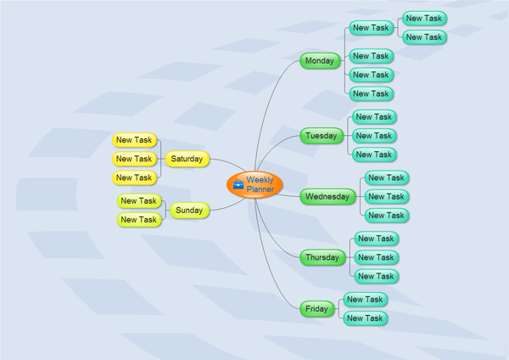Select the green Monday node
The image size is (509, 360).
coord(320,61)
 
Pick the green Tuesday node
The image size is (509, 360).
coord(320,136)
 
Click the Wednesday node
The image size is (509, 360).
coord(327,197)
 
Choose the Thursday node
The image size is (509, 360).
coord(322,257)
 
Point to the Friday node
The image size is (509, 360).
coord(317,309)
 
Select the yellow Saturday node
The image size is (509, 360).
coord(187,159)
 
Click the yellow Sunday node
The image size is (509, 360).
coord(189,211)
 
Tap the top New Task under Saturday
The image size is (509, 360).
coord(134,140)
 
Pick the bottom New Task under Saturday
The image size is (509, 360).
coord(134,177)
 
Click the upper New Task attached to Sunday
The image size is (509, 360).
coord(138,201)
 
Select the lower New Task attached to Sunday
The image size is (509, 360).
coord(138,220)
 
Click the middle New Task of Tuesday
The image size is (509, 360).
coord(373,136)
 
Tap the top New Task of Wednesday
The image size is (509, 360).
coord(386,178)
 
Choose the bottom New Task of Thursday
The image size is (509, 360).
coord(376,276)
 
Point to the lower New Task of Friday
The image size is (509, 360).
coord(365,318)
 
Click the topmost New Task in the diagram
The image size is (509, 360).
coord(423,18)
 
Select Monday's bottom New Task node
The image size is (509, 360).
coord(371,93)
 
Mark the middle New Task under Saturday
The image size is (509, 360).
coord(134,159)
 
